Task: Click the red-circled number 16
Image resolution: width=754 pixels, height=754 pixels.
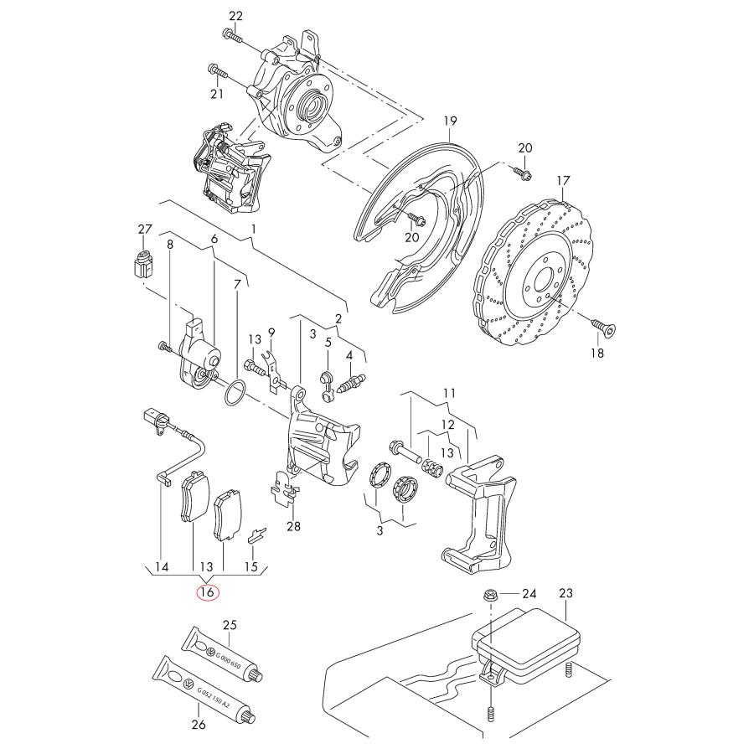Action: [x=207, y=592]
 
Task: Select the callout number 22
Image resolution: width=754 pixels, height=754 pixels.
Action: [x=235, y=16]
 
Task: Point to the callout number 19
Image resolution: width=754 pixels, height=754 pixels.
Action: [x=450, y=121]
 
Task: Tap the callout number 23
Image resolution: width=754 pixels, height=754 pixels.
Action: [x=565, y=594]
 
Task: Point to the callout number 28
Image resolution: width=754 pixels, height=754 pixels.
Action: [x=292, y=527]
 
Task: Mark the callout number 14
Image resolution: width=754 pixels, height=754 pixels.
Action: [x=163, y=567]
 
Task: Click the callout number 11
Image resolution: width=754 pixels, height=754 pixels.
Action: [x=450, y=393]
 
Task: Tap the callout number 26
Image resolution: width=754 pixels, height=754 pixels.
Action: [x=199, y=725]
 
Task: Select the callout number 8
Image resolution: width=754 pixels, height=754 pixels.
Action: [x=170, y=245]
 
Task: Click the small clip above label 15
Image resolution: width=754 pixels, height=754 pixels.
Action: [x=257, y=534]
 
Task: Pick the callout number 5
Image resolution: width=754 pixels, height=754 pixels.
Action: [x=328, y=342]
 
